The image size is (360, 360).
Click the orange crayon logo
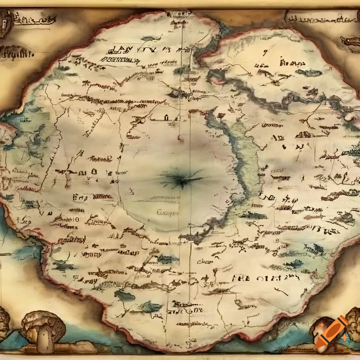click(x=332, y=332)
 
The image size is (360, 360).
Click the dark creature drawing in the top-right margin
click(x=350, y=41)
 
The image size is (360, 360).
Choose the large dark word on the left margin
click(x=16, y=54)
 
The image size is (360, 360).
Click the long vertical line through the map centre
click(x=190, y=211)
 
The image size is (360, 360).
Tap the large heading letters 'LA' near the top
click(x=123, y=49)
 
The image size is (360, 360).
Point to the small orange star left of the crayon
click(x=322, y=326)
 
